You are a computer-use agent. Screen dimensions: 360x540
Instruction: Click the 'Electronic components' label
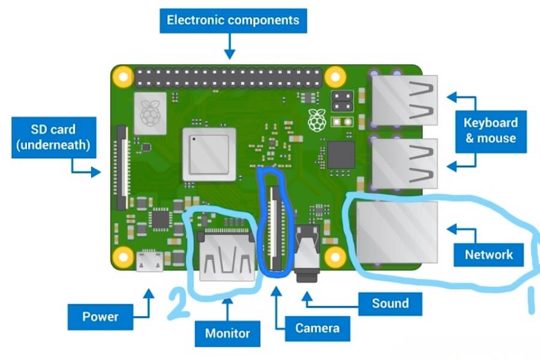coord(233,20)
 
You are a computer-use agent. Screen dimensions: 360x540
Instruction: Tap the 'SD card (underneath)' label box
coord(54,137)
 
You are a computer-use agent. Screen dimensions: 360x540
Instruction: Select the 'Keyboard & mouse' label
coord(490,130)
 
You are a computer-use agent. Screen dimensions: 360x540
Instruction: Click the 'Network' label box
coord(489,254)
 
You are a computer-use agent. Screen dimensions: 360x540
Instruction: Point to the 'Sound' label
coord(390,303)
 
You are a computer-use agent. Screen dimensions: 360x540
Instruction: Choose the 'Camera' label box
coord(317,328)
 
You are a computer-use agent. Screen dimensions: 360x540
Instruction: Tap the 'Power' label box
coord(100,316)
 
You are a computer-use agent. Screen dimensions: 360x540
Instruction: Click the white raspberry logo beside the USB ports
coord(316,119)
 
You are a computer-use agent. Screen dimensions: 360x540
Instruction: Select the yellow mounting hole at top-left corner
coord(124,77)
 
